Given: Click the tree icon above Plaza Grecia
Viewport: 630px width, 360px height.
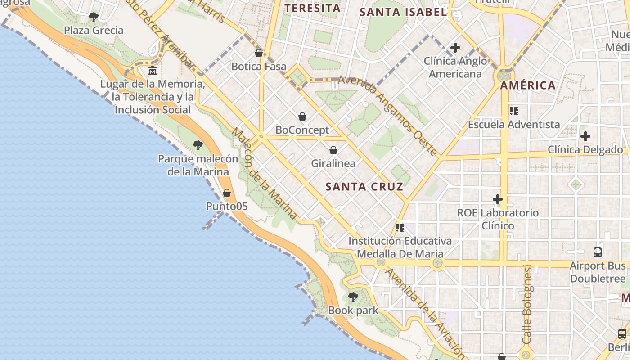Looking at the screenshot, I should click(94, 17).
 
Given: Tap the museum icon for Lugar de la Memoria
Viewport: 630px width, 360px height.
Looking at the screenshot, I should click(153, 71).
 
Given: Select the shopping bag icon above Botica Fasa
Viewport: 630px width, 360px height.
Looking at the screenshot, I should click(259, 53).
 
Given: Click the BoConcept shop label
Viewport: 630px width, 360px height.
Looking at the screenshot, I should click(302, 130).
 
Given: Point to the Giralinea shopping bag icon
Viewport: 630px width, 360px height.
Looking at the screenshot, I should click(333, 150).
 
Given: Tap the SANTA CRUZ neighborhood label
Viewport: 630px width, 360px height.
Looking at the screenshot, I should click(364, 186).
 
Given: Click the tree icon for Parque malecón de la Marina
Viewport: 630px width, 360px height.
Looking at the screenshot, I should click(198, 145).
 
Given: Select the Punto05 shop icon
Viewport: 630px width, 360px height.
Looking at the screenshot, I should click(227, 193).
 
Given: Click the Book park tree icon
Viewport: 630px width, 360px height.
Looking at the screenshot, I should click(353, 297).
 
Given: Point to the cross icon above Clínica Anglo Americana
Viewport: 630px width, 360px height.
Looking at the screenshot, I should click(455, 47).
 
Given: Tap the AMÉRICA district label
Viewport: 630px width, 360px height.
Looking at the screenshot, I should click(528, 85).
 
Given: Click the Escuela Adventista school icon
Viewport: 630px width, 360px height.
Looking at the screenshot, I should click(514, 111).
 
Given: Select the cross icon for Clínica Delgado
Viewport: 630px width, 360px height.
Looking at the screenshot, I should click(585, 136).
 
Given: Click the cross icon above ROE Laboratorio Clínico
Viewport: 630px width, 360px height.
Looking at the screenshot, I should click(498, 199).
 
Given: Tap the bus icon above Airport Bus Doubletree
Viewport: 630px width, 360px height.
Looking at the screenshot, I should click(598, 252).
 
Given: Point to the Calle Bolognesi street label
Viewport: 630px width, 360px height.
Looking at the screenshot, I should click(527, 304).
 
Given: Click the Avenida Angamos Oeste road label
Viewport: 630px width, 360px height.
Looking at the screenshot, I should click(387, 115).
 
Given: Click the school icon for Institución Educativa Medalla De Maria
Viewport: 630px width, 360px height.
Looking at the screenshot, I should click(400, 228).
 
